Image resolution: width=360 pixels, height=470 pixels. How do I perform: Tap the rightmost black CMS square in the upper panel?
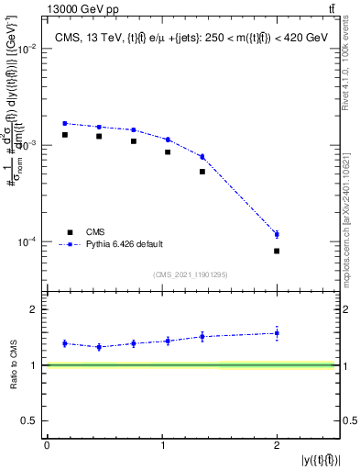click(x=277, y=251)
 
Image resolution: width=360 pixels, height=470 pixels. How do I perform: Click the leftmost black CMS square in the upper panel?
click(x=65, y=135)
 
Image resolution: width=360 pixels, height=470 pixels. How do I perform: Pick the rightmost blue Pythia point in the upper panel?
click(x=277, y=234)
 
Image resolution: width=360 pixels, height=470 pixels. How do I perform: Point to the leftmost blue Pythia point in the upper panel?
click(x=65, y=123)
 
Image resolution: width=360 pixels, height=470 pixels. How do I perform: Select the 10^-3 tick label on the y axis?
click(x=28, y=146)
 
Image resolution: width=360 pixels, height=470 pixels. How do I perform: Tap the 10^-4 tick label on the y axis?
click(x=28, y=242)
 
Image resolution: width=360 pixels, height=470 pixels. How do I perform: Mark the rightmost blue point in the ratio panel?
click(x=277, y=333)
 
